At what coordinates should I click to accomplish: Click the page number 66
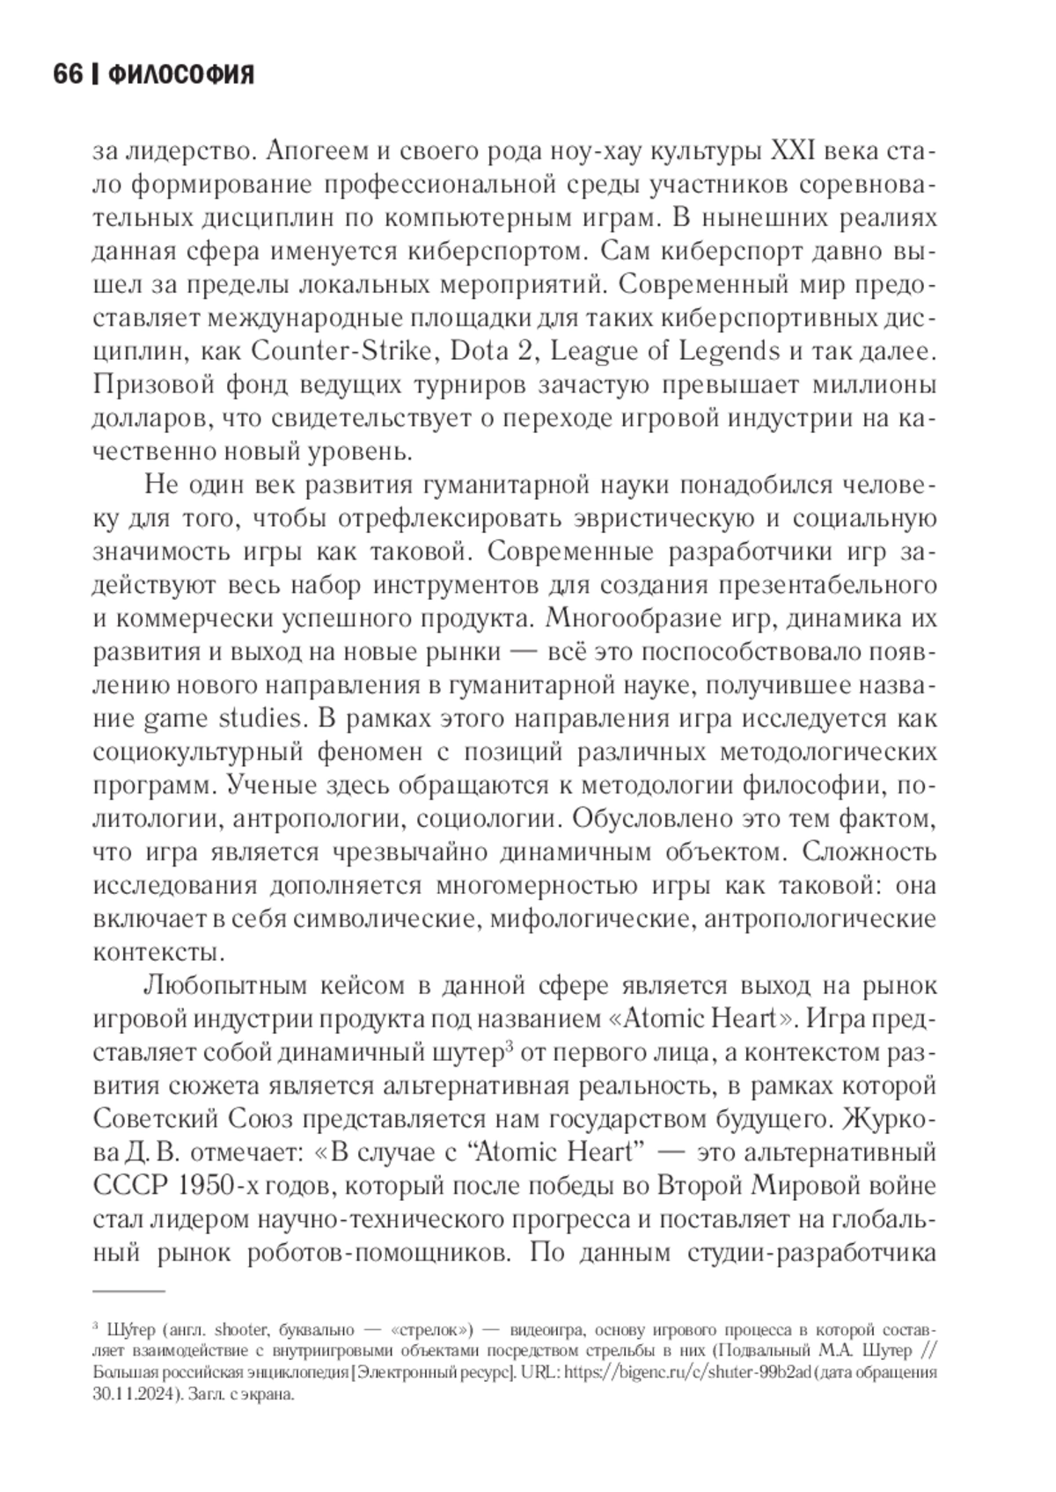coord(67,76)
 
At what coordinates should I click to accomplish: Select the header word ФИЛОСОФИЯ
coord(180,76)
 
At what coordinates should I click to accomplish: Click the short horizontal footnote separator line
coord(128,1291)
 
